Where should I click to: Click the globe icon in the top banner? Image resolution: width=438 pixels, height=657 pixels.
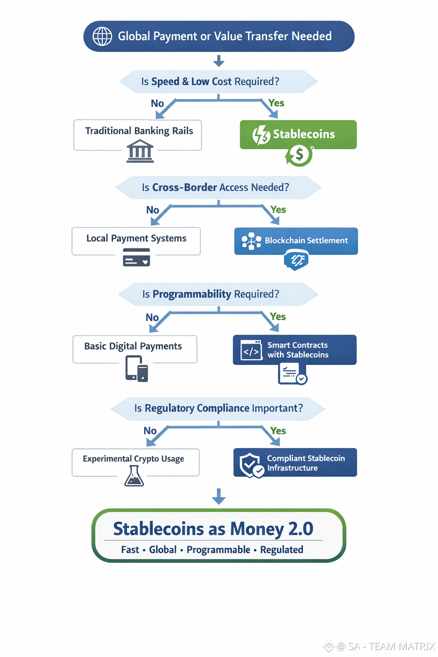(103, 36)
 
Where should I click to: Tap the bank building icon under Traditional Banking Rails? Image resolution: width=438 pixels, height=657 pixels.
(140, 152)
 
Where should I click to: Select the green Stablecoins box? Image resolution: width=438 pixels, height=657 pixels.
(298, 134)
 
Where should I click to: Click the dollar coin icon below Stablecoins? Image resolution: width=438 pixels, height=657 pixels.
(299, 155)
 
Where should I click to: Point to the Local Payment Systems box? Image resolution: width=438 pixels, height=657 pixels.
(136, 241)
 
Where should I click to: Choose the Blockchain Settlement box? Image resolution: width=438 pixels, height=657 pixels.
(296, 241)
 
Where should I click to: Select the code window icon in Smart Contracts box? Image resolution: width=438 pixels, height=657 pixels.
(251, 350)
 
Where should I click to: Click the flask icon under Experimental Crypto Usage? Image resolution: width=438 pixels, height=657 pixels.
(134, 476)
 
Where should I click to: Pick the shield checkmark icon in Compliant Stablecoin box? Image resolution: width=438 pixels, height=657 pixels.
(252, 465)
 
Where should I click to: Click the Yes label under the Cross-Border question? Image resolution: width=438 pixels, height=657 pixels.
(278, 210)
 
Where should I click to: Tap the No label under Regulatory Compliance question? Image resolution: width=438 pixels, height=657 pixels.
(150, 431)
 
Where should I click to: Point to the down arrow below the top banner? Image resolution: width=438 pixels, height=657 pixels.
(219, 61)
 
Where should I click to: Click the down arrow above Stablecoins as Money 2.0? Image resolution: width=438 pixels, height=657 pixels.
(219, 496)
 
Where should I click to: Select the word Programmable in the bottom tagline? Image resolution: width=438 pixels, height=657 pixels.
(218, 550)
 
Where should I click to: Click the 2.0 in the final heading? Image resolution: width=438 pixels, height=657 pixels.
(301, 529)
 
